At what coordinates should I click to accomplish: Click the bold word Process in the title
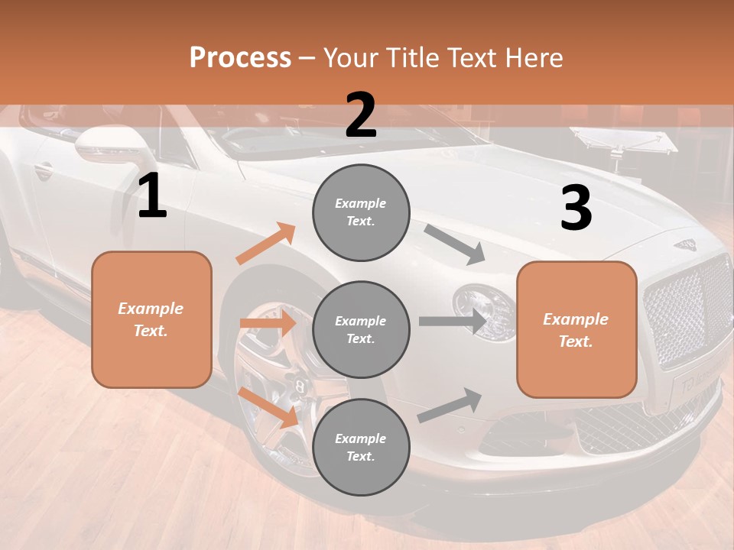pos(240,57)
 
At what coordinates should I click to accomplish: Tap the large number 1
pos(152,196)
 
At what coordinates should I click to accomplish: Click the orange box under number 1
pos(151,319)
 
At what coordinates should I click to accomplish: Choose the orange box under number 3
pos(576,329)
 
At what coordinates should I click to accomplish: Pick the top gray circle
pos(361,212)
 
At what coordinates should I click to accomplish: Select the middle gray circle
pos(361,329)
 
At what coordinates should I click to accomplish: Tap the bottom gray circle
pos(361,447)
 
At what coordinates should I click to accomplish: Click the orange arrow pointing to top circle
pos(266,244)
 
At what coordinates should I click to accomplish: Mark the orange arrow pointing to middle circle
pos(267,323)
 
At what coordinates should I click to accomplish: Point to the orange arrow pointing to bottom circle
pos(268,406)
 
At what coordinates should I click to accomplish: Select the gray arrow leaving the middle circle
pos(452,321)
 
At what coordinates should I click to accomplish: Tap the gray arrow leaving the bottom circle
pos(450,405)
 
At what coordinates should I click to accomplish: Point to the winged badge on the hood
pos(685,245)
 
